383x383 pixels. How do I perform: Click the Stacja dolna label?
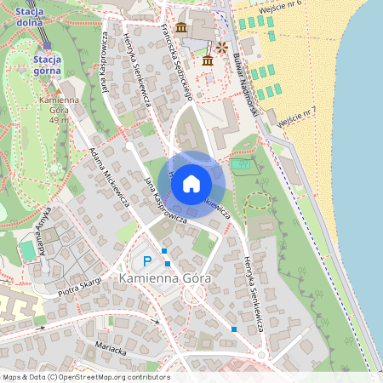(x=31, y=15)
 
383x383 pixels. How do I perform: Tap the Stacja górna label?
(x=47, y=64)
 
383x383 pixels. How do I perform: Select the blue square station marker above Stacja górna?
(x=48, y=48)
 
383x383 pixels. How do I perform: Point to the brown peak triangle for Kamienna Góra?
(x=59, y=88)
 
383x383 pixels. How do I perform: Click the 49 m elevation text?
(x=58, y=121)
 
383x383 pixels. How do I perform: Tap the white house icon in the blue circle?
(x=191, y=184)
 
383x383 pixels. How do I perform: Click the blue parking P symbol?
(x=146, y=261)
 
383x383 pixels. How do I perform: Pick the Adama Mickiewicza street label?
(x=108, y=177)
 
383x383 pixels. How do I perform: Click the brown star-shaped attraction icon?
(x=221, y=47)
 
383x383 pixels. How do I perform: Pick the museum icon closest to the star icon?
(x=208, y=60)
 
